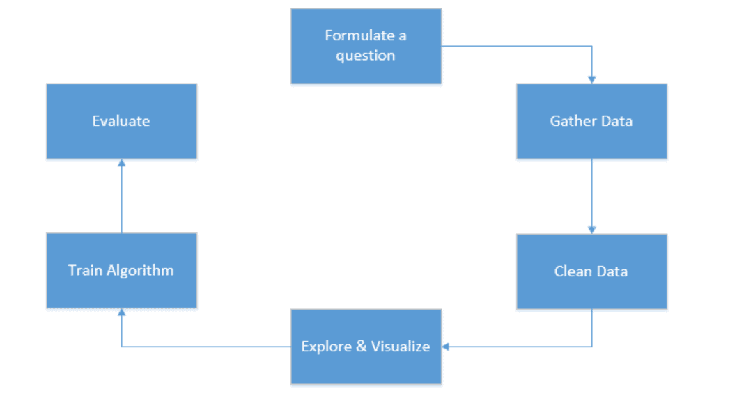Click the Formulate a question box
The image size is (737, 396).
coord(366,46)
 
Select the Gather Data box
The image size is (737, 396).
coord(592,121)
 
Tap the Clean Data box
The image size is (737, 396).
coord(592,271)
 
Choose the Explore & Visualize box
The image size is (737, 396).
coord(366,347)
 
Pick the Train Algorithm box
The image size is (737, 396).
coord(122,271)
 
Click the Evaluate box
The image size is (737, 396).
coord(122,121)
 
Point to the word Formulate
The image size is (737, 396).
coord(359,35)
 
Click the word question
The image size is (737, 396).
coord(366,56)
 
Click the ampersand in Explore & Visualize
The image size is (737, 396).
coord(361,347)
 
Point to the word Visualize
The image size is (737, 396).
coord(401,347)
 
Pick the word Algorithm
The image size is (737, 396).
coord(140,271)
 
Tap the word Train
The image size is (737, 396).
coord(85,271)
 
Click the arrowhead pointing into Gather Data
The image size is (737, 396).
coord(592,80)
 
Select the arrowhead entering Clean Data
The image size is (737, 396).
coord(592,230)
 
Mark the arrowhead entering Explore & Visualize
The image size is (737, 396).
coord(445,347)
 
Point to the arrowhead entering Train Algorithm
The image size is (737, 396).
coord(122,312)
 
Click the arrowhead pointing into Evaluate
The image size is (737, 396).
coord(122,163)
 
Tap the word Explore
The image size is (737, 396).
coord(326,347)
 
